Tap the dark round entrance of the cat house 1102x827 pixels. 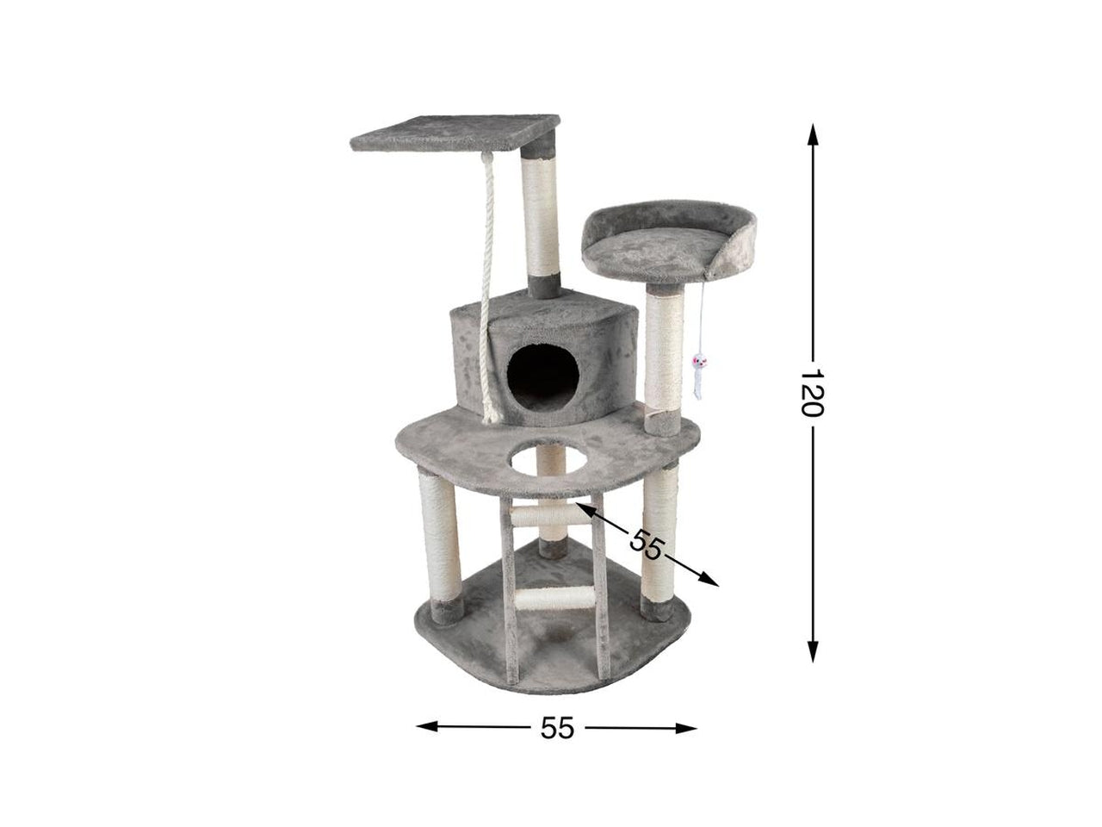[542, 378]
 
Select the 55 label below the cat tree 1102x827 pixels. [557, 728]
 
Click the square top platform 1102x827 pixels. [455, 133]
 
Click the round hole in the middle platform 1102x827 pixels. [548, 458]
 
